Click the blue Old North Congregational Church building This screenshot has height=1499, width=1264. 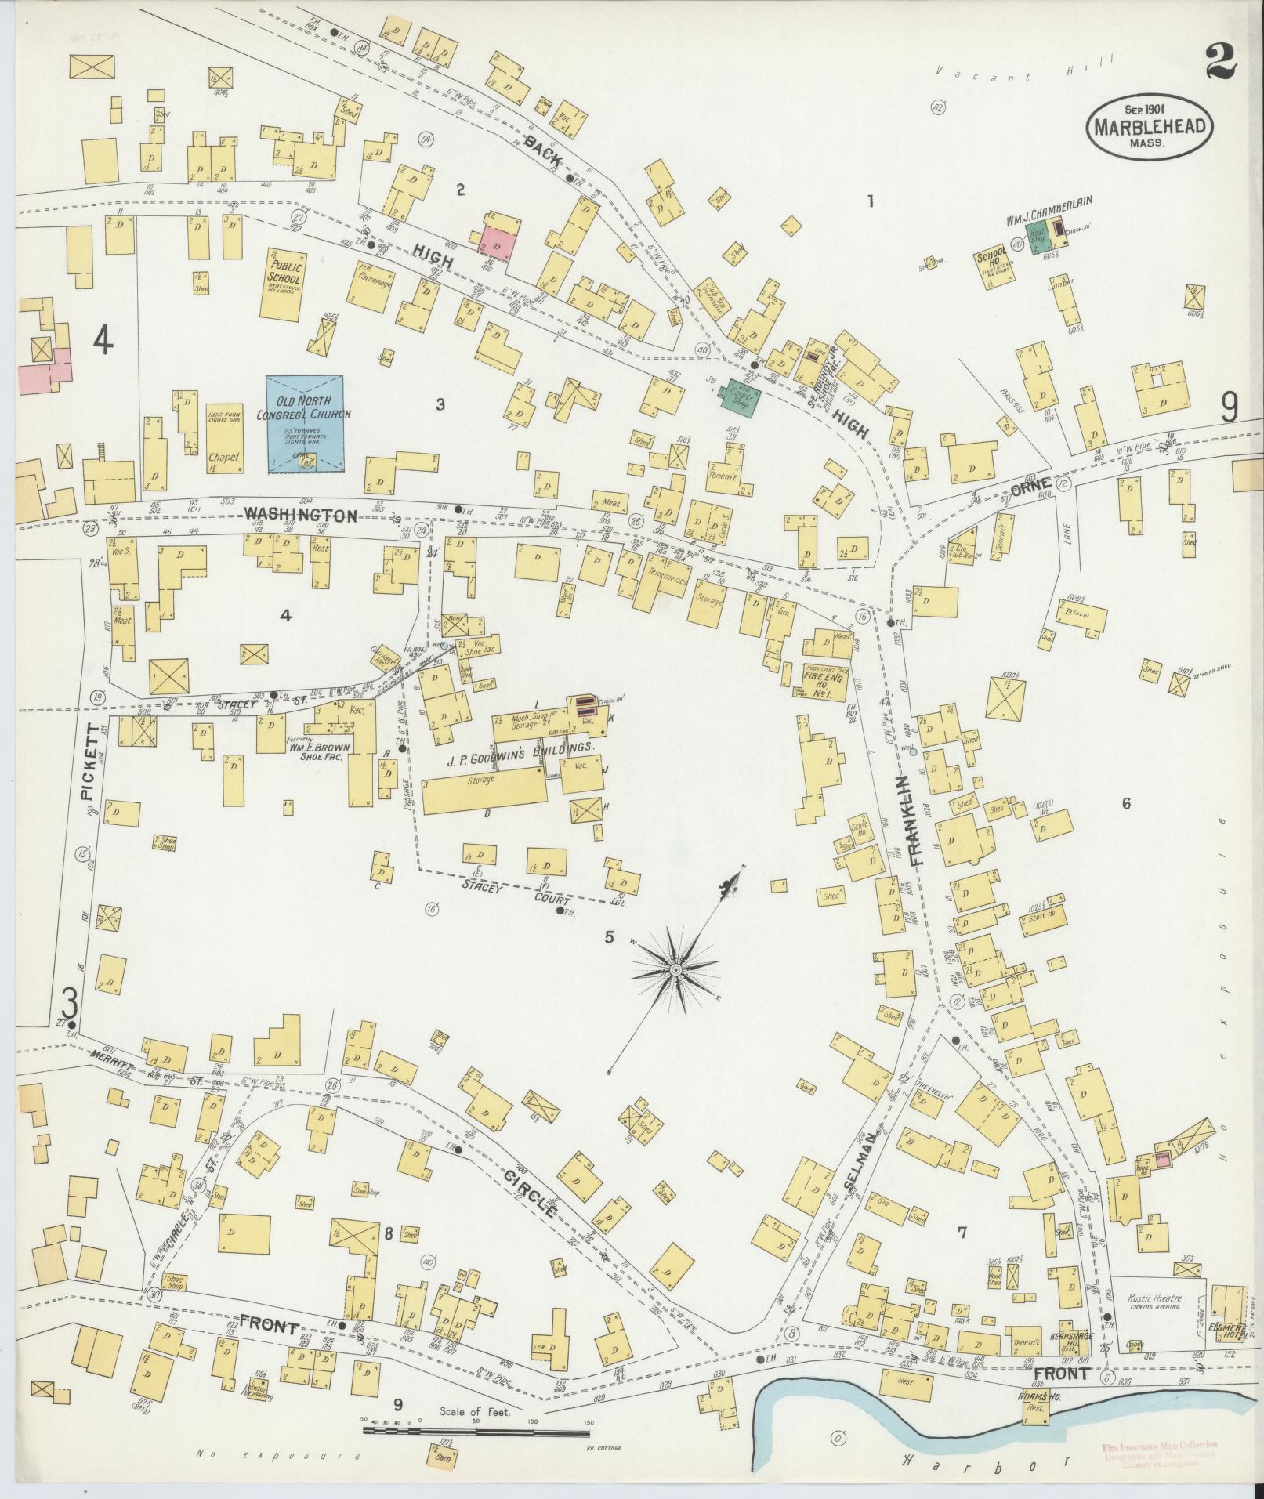coord(304,423)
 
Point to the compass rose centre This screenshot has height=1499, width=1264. coord(675,970)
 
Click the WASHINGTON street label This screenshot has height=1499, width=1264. coord(300,515)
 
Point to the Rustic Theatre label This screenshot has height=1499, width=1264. coord(1154,1298)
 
